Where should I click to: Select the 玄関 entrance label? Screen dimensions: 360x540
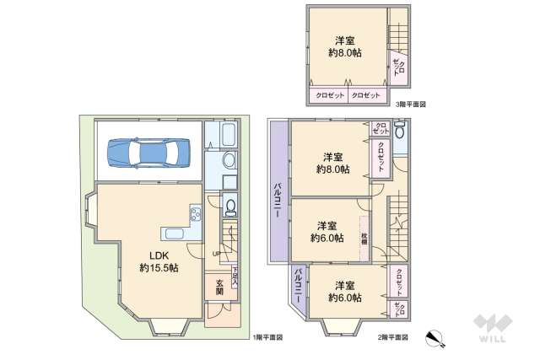click(x=219, y=287)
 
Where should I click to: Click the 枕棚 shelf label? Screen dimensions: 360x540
click(x=364, y=236)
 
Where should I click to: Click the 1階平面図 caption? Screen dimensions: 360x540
click(x=267, y=337)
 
